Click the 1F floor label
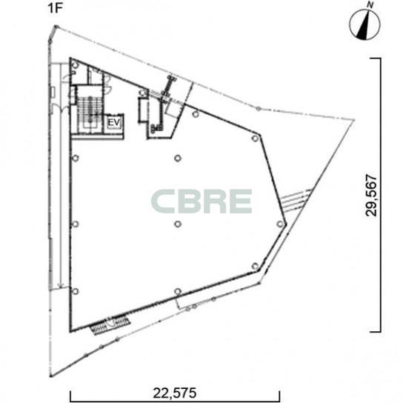coord(55,8)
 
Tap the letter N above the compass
coord(370,4)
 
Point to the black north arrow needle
coord(364,26)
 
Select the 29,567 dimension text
coord(371,196)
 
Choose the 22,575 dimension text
coord(175,393)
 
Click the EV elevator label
coord(114,122)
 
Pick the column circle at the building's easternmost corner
coord(280,224)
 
